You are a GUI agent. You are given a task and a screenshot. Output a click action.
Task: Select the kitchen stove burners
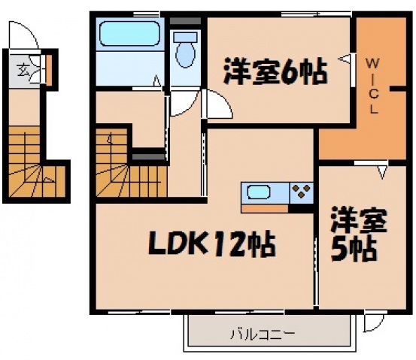(x=302, y=192)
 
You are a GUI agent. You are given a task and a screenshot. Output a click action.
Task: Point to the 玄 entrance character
(x=24, y=70)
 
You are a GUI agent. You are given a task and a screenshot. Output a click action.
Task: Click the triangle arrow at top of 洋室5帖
(x=381, y=173)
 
